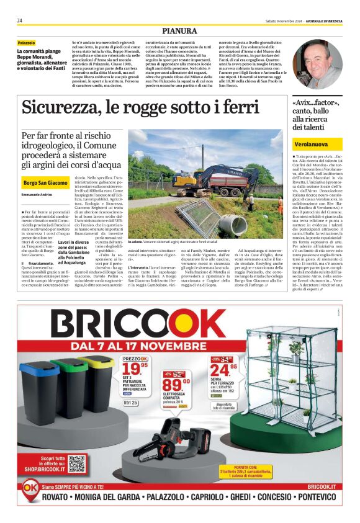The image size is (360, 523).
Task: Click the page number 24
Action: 20,20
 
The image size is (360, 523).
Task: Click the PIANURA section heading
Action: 179,30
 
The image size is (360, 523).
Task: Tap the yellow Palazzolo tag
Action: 26,43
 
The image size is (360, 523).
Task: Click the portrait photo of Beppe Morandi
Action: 317,64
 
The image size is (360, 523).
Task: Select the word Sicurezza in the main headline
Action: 60,107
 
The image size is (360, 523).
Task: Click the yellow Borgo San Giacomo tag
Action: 45,184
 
